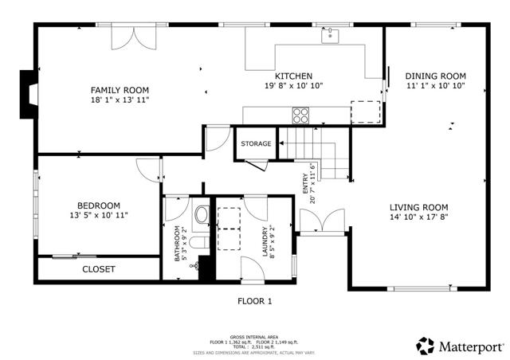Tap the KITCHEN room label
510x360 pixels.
[294, 76]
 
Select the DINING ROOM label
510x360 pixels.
[436, 76]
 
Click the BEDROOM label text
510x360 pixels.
[99, 205]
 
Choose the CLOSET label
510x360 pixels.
[99, 269]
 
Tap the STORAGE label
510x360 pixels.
[256, 144]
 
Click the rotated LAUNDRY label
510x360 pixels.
[266, 240]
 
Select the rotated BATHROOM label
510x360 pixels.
[178, 243]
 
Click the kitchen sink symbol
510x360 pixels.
[330, 35]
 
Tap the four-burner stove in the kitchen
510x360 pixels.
[301, 116]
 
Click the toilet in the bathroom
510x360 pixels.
[202, 215]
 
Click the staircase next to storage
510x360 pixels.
[315, 155]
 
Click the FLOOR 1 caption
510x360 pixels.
[255, 301]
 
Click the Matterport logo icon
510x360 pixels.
[426, 346]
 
